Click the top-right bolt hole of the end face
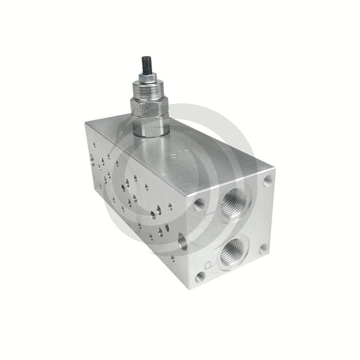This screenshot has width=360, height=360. [x=267, y=181]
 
